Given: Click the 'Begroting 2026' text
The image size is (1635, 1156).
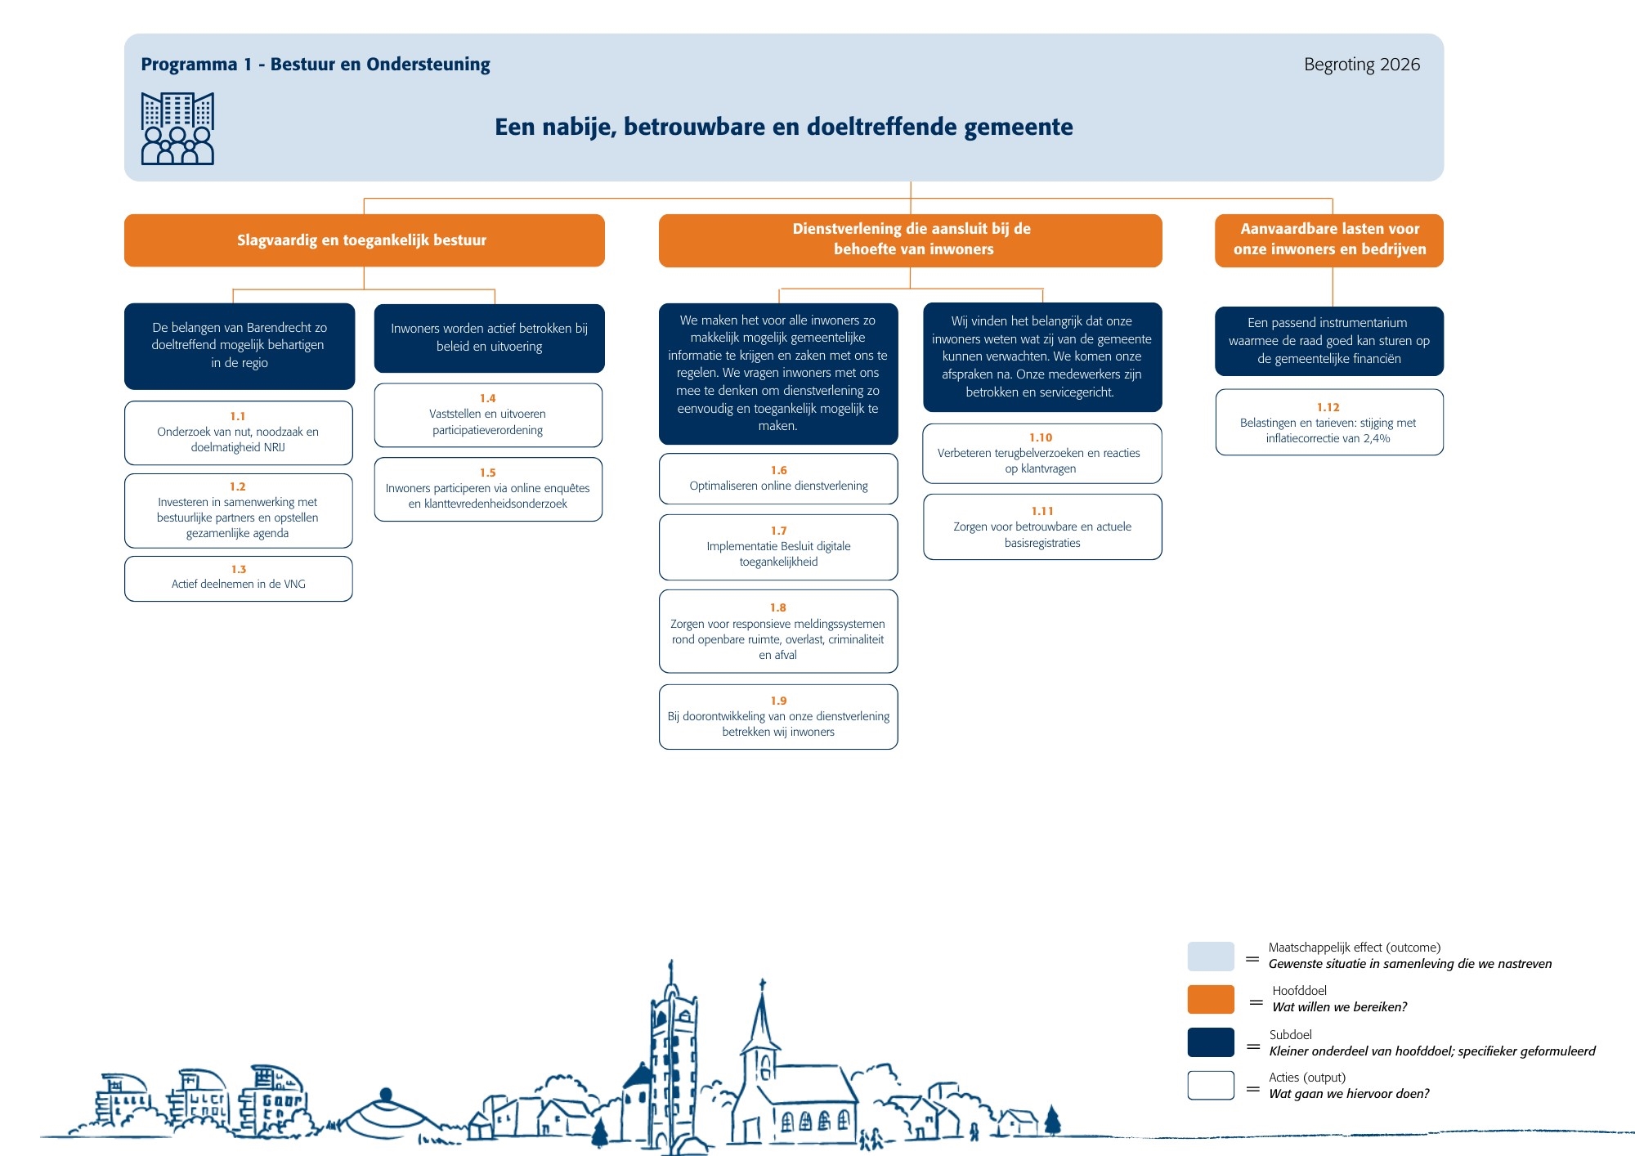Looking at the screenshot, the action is pyautogui.click(x=1362, y=65).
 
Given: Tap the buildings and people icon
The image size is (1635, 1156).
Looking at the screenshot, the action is pyautogui.click(x=177, y=128).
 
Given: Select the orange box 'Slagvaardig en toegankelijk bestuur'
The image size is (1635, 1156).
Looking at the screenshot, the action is pyautogui.click(x=365, y=240).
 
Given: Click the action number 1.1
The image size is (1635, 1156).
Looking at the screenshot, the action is pyautogui.click(x=238, y=416).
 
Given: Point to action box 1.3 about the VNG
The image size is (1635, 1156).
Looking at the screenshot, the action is pyautogui.click(x=239, y=579).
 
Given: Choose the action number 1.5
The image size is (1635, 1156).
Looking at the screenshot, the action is pyautogui.click(x=488, y=473).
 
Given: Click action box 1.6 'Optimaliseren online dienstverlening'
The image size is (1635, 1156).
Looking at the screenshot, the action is pyautogui.click(x=778, y=479).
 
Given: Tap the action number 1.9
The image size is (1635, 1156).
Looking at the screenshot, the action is pyautogui.click(x=778, y=701).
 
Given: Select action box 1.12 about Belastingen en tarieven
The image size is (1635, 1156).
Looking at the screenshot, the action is pyautogui.click(x=1329, y=422).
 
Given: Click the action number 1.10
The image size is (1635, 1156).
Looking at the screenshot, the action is pyautogui.click(x=1041, y=437).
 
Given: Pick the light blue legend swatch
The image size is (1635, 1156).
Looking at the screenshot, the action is pyautogui.click(x=1211, y=957).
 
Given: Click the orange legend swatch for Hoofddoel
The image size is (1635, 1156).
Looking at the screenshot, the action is pyautogui.click(x=1211, y=1000).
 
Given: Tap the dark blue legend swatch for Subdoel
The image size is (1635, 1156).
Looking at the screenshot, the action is pyautogui.click(x=1211, y=1042).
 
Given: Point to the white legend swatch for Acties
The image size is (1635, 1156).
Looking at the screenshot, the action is pyautogui.click(x=1211, y=1086).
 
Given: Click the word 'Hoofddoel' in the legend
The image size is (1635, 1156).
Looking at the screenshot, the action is pyautogui.click(x=1300, y=991).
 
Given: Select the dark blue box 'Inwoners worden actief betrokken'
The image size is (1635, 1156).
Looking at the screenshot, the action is pyautogui.click(x=490, y=338).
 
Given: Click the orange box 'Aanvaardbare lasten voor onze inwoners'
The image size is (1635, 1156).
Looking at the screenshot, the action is pyautogui.click(x=1329, y=240).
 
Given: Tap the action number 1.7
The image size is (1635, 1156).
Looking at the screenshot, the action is pyautogui.click(x=778, y=531).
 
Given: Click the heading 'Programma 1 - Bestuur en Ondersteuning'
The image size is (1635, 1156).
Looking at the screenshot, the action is pyautogui.click(x=316, y=65).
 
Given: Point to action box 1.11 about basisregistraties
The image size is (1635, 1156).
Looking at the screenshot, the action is pyautogui.click(x=1042, y=526).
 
